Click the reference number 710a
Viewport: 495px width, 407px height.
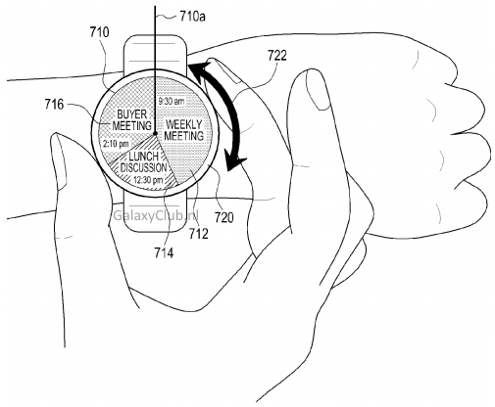pos(192,16)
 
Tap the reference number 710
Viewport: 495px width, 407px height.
pos(100,32)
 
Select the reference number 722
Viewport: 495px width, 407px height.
pos(277,56)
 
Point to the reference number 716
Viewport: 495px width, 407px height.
pos(54,105)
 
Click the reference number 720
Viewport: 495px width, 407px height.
pos(224,217)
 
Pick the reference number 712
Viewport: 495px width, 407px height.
pos(199,234)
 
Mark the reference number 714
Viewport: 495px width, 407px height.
pos(164,252)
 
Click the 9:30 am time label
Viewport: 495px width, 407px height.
pos(172,102)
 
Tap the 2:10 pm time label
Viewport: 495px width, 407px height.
pos(116,144)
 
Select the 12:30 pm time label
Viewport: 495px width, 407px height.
pos(148,180)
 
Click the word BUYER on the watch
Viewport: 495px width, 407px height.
pos(132,114)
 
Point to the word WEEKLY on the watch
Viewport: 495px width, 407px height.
pos(184,124)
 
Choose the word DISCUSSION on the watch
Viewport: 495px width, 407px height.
pos(144,167)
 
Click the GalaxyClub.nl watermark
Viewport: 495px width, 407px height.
pos(155,215)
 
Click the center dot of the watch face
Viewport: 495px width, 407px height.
pos(155,133)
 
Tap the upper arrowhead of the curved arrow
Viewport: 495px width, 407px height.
pos(199,70)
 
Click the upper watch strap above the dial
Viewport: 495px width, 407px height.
pos(155,52)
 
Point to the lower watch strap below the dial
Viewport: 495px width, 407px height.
pos(156,212)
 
